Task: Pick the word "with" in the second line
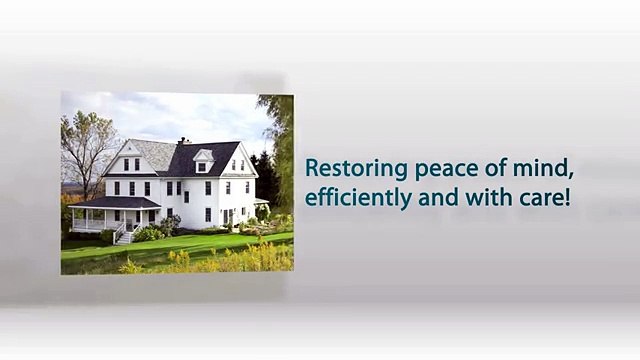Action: [x=487, y=197]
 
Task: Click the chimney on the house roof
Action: [x=182, y=142]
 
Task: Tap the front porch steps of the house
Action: [x=124, y=237]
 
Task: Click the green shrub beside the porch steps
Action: [x=149, y=233]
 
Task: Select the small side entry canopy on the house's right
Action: [x=260, y=203]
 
